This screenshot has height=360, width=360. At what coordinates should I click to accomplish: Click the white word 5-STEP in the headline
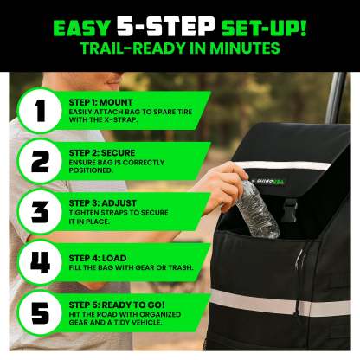coord(166,26)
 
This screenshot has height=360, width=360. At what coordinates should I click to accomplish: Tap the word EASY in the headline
coord(81,29)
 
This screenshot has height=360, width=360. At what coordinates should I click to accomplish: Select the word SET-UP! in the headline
coord(264,29)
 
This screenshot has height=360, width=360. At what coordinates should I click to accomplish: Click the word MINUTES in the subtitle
coord(245,48)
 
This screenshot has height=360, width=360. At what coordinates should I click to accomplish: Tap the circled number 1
coord(40,111)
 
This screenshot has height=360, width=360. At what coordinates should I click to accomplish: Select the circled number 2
coord(40,161)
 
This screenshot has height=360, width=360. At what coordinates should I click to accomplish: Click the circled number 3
coord(40,212)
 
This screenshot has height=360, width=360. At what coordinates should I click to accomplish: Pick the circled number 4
coord(40,262)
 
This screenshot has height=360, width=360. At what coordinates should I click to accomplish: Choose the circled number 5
coord(40,313)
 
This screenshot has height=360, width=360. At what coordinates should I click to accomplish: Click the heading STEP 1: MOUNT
coord(100,102)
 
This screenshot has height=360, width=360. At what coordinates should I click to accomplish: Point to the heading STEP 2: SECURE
coord(102,152)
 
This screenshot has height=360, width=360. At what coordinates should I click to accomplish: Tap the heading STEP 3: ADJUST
coord(102,203)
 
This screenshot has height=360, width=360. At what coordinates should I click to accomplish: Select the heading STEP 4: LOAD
coord(98,258)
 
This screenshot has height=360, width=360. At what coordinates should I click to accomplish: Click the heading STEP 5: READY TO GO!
coord(117,305)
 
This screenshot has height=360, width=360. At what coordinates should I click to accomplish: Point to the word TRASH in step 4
coord(180,267)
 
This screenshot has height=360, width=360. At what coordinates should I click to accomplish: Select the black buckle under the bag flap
coord(289,209)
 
